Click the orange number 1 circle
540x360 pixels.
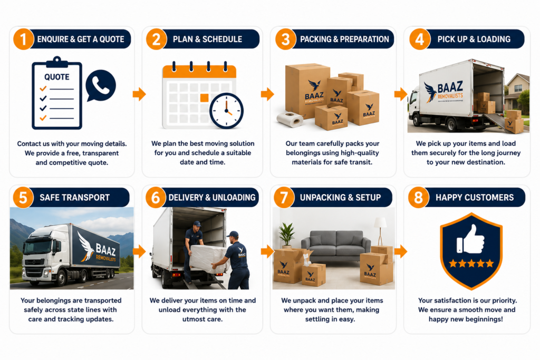click(23, 39)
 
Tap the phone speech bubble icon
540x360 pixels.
click(101, 85)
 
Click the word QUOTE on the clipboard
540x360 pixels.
click(57, 77)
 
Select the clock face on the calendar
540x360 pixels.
click(226, 111)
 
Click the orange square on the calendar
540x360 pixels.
click(204, 98)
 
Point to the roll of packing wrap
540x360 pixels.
click(290, 119)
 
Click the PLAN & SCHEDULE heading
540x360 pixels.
click(207, 39)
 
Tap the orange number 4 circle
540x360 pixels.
click(420, 39)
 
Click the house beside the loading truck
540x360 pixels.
click(517, 91)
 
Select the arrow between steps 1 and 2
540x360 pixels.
click(139, 94)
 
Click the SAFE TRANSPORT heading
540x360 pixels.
click(75, 198)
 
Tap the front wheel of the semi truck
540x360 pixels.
click(61, 278)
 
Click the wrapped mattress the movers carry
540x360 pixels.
click(209, 258)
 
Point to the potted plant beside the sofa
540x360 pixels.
click(286, 236)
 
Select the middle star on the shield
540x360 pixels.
click(471, 264)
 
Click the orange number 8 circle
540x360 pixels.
click(418, 198)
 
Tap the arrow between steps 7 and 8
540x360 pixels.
click(401, 251)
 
